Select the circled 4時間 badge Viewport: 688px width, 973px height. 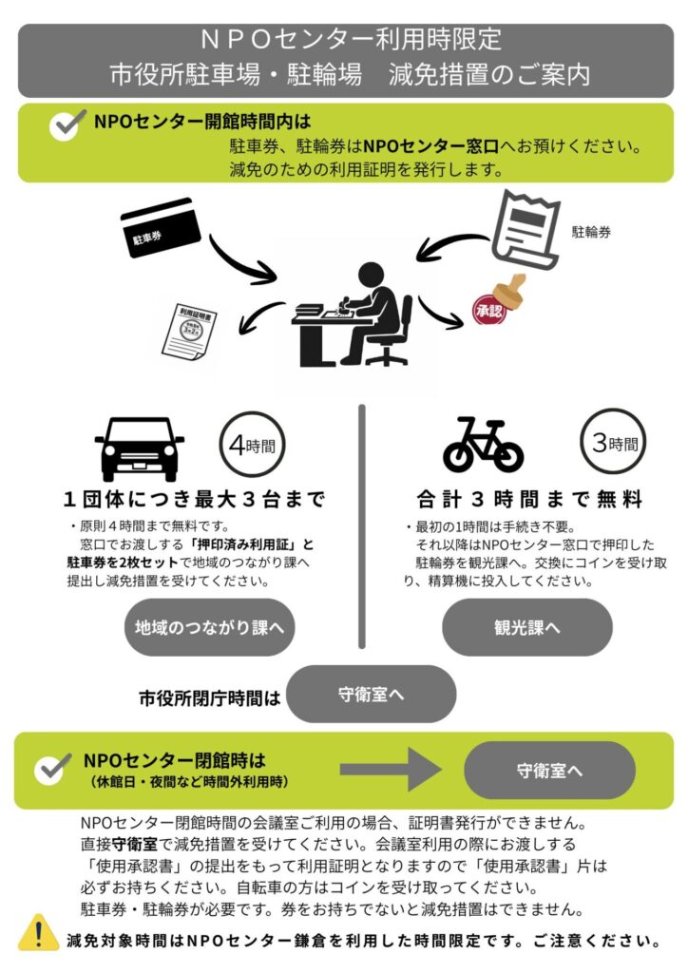click(251, 443)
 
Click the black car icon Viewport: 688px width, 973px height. click(140, 449)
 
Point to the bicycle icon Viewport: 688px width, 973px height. click(483, 448)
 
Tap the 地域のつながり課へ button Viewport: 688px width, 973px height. click(210, 627)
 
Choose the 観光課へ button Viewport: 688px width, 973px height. click(526, 627)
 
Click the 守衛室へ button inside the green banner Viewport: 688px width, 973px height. click(550, 770)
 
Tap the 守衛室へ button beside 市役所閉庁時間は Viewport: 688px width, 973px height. click(372, 694)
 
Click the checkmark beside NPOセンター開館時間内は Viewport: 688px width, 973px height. click(66, 125)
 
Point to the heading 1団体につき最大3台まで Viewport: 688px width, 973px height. click(194, 499)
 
